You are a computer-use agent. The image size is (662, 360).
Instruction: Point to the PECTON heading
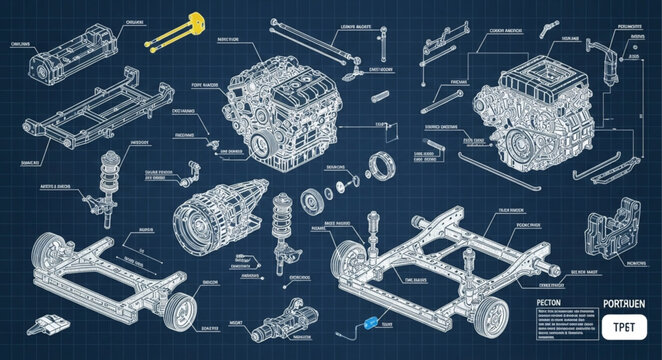(556, 300)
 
